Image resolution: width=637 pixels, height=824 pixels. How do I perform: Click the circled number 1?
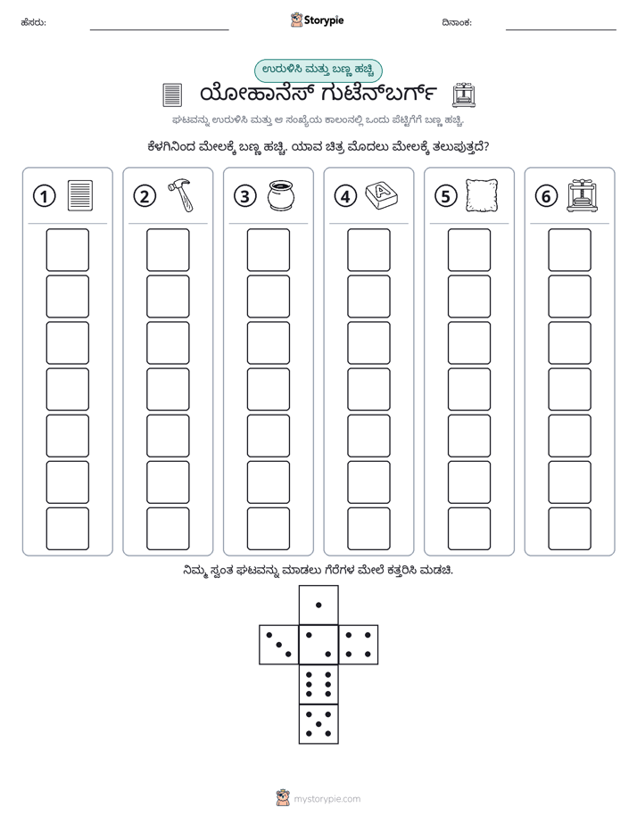[x=44, y=196]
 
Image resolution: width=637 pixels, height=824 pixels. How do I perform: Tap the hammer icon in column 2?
[x=180, y=195]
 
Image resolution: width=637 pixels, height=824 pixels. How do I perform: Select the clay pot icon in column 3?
[x=281, y=195]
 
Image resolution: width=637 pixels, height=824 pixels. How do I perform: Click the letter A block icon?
[x=382, y=195]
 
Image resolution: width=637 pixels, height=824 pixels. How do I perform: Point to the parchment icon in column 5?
[x=482, y=195]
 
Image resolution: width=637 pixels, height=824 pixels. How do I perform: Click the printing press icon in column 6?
[x=583, y=195]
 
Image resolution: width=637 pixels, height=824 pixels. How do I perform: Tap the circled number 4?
[x=345, y=196]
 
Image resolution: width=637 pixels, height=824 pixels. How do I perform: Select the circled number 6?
[x=546, y=196]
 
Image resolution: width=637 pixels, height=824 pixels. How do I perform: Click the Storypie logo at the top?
[x=317, y=21]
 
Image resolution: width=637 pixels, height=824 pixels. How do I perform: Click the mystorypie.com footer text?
[x=327, y=799]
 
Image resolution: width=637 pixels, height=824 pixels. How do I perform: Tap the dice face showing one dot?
[x=318, y=605]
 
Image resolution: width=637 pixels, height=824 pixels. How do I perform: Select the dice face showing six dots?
[x=318, y=684]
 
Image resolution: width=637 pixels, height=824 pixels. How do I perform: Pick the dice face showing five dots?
[x=318, y=724]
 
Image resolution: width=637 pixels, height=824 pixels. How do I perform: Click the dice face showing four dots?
[x=359, y=645]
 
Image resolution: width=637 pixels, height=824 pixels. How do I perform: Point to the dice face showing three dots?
[x=279, y=645]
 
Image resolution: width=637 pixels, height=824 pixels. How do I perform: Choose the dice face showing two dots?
[x=318, y=645]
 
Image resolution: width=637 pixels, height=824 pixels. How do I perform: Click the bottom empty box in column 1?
[x=67, y=529]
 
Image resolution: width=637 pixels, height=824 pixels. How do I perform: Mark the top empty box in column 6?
[x=570, y=250]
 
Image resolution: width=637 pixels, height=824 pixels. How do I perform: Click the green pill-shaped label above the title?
[x=318, y=70]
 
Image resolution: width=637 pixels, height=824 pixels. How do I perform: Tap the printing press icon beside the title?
[x=464, y=95]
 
